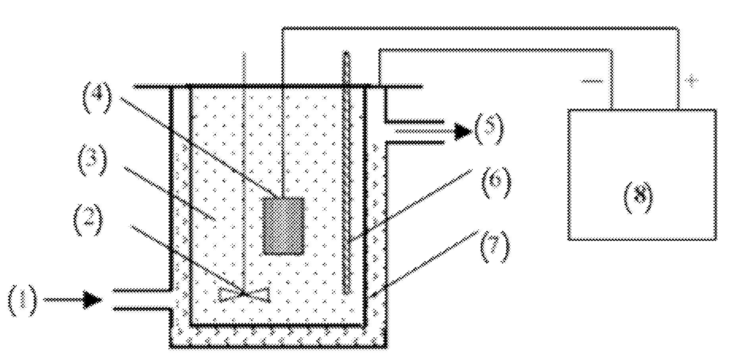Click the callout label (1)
coord(22,300)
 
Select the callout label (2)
coord(88,220)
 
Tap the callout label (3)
coord(92,160)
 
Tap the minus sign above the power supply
coord(592,82)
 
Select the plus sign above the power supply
coord(692,81)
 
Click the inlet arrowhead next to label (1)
coord(93,300)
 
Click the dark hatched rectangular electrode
coord(283,226)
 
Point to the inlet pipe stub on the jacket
coord(141,300)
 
